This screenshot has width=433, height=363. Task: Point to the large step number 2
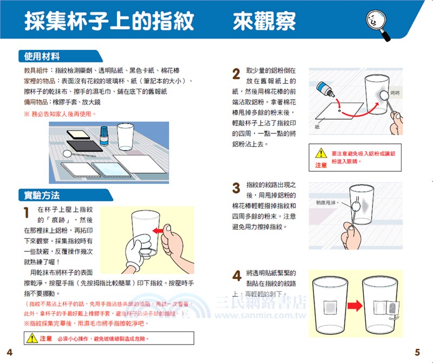tap(236, 74)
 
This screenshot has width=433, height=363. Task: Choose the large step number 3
tap(236, 188)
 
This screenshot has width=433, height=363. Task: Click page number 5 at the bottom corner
tap(417, 352)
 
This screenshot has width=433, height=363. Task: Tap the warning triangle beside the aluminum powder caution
tap(321, 154)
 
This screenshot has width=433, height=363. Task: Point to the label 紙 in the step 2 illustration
tap(317, 127)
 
